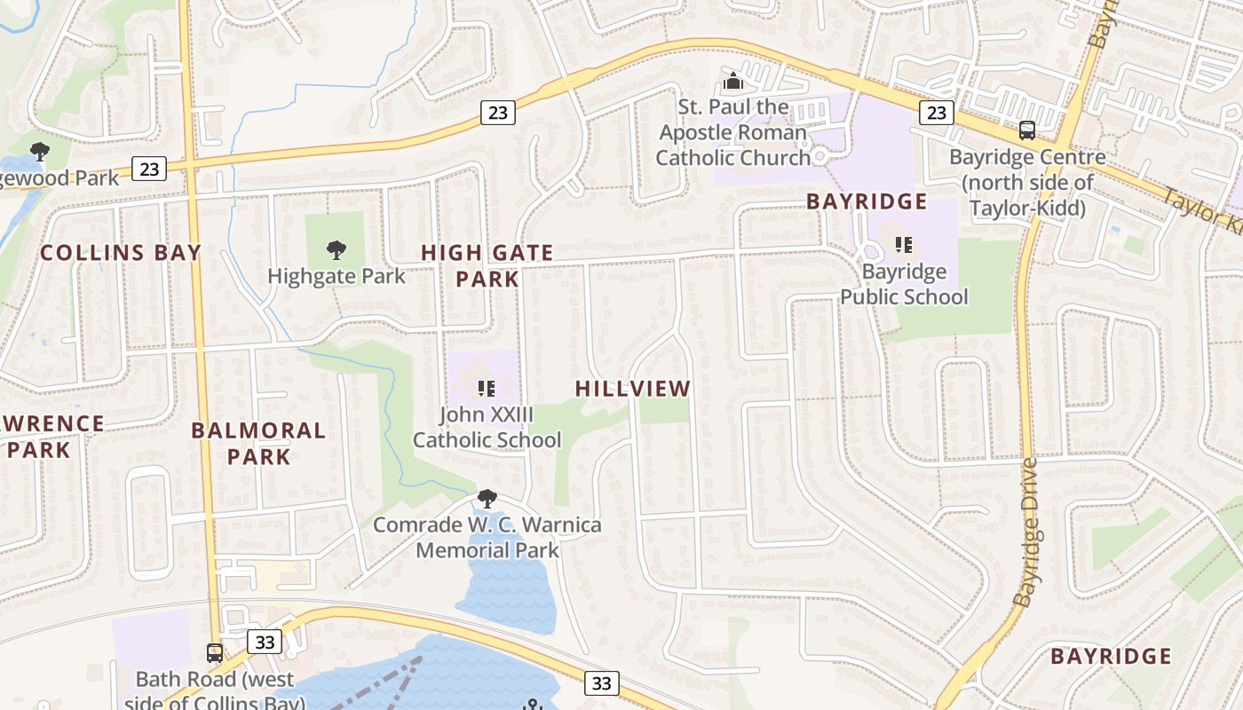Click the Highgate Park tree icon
coord(336,250)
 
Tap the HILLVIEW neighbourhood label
coord(632,389)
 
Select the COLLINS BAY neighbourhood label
coord(121,253)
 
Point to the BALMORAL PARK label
coord(258,444)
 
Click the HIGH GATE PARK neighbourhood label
coord(487,265)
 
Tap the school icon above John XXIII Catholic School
coord(486,388)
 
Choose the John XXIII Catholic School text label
coord(487,427)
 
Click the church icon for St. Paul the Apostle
coord(732,82)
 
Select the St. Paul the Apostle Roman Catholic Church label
coord(733,132)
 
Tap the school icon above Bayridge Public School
coord(903,244)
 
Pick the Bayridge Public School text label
coord(904,284)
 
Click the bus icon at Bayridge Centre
coord(1027,130)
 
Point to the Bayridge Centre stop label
coord(1027,183)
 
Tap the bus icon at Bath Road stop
coord(215,653)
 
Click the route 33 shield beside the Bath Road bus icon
coord(265,641)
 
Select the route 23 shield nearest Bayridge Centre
coord(936,112)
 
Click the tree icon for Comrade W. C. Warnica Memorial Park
coord(487,498)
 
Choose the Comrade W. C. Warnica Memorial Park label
coord(487,537)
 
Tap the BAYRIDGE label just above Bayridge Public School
coord(867,201)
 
